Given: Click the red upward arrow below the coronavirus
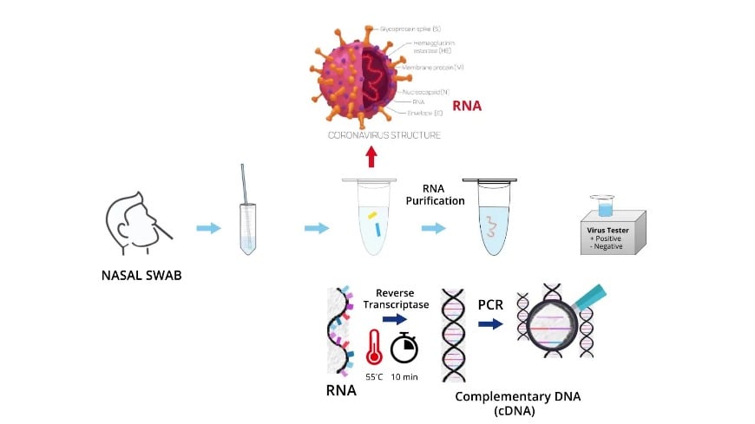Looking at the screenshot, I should tap(371, 156).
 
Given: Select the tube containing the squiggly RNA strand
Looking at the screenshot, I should tap(489, 220).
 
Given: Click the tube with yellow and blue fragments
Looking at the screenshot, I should tap(371, 220).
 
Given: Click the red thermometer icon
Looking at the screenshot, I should tap(374, 346).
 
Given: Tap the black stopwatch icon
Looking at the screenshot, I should tap(404, 347).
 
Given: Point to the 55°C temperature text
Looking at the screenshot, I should tap(374, 378).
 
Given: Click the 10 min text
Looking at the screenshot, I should tap(404, 378).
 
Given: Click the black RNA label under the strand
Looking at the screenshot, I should tap(341, 389).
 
